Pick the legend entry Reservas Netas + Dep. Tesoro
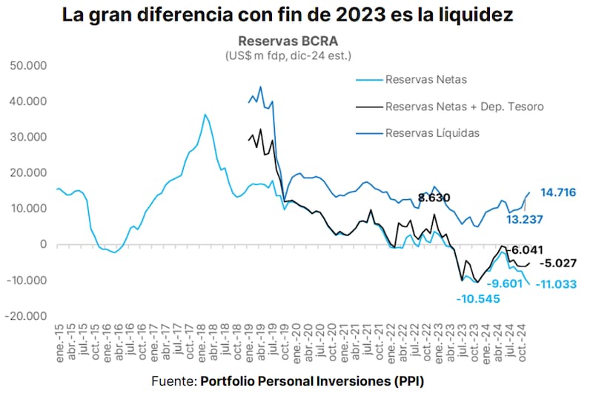[x=464, y=107]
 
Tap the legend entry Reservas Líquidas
[x=432, y=133]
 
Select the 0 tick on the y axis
[x=44, y=244]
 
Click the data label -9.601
[x=506, y=283]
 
